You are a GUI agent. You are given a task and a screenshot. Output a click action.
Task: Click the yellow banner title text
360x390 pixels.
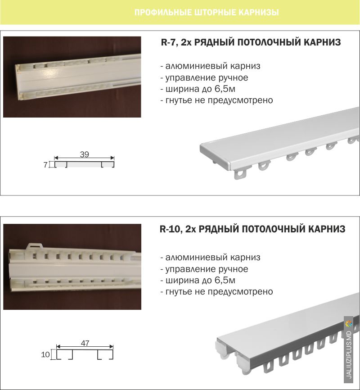pos(207,13)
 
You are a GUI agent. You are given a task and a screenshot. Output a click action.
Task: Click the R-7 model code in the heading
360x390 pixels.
pos(169,42)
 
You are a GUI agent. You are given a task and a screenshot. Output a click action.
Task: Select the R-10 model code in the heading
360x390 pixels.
pos(169,229)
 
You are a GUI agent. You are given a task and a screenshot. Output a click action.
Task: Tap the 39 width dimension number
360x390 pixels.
pos(85,154)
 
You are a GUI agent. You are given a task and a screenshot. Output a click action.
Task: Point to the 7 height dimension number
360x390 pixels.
pos(45,165)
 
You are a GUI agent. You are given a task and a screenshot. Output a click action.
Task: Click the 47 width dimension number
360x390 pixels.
pos(85,343)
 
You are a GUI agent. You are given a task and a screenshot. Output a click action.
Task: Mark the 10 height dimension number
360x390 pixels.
pos(45,354)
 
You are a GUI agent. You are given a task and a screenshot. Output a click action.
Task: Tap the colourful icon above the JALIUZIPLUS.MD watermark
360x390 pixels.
pos(349,324)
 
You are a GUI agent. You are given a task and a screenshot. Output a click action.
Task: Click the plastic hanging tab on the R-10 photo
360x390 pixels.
pos(35,246)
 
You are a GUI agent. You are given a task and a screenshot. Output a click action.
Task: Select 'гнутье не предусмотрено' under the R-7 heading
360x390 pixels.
pos(216,100)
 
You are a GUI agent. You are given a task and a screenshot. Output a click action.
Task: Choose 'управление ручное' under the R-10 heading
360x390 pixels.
pos(204,269)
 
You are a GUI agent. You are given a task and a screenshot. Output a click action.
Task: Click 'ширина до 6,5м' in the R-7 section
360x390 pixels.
pos(198,89)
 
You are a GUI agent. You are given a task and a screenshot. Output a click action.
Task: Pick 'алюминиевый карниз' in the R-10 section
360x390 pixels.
pos(210,258)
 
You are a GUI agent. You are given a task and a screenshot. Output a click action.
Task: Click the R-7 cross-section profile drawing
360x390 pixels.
pos(84,164)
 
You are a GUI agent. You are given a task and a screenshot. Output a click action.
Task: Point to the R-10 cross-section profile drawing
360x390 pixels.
pos(85,354)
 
